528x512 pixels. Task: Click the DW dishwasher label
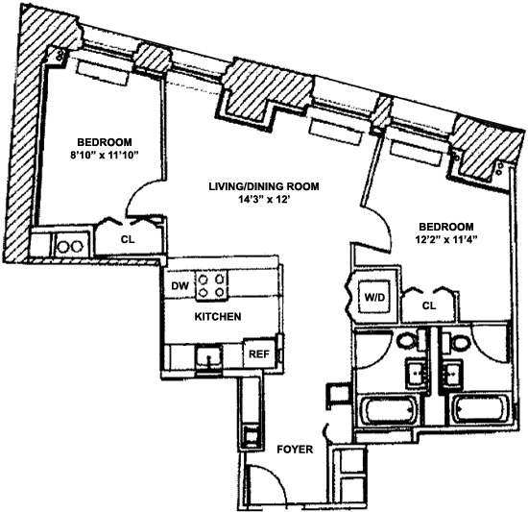coord(180,286)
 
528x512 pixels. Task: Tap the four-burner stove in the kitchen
coord(212,285)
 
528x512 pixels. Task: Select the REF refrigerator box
coord(258,354)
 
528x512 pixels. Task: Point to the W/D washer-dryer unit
coord(374,297)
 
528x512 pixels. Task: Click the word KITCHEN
coord(218,317)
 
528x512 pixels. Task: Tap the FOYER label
coord(295,450)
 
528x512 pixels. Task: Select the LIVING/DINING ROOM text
coord(264,186)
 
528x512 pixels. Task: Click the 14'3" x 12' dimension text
coord(264,200)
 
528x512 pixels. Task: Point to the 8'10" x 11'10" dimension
coord(105,156)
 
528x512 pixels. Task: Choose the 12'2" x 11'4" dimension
coord(445,239)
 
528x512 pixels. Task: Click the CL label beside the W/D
coord(429,305)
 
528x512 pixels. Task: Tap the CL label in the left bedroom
coord(128,239)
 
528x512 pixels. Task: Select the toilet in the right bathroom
coord(457,342)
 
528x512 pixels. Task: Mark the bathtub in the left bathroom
coord(388,410)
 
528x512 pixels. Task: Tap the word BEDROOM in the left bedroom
coord(105,142)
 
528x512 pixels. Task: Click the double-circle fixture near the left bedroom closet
coord(70,246)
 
